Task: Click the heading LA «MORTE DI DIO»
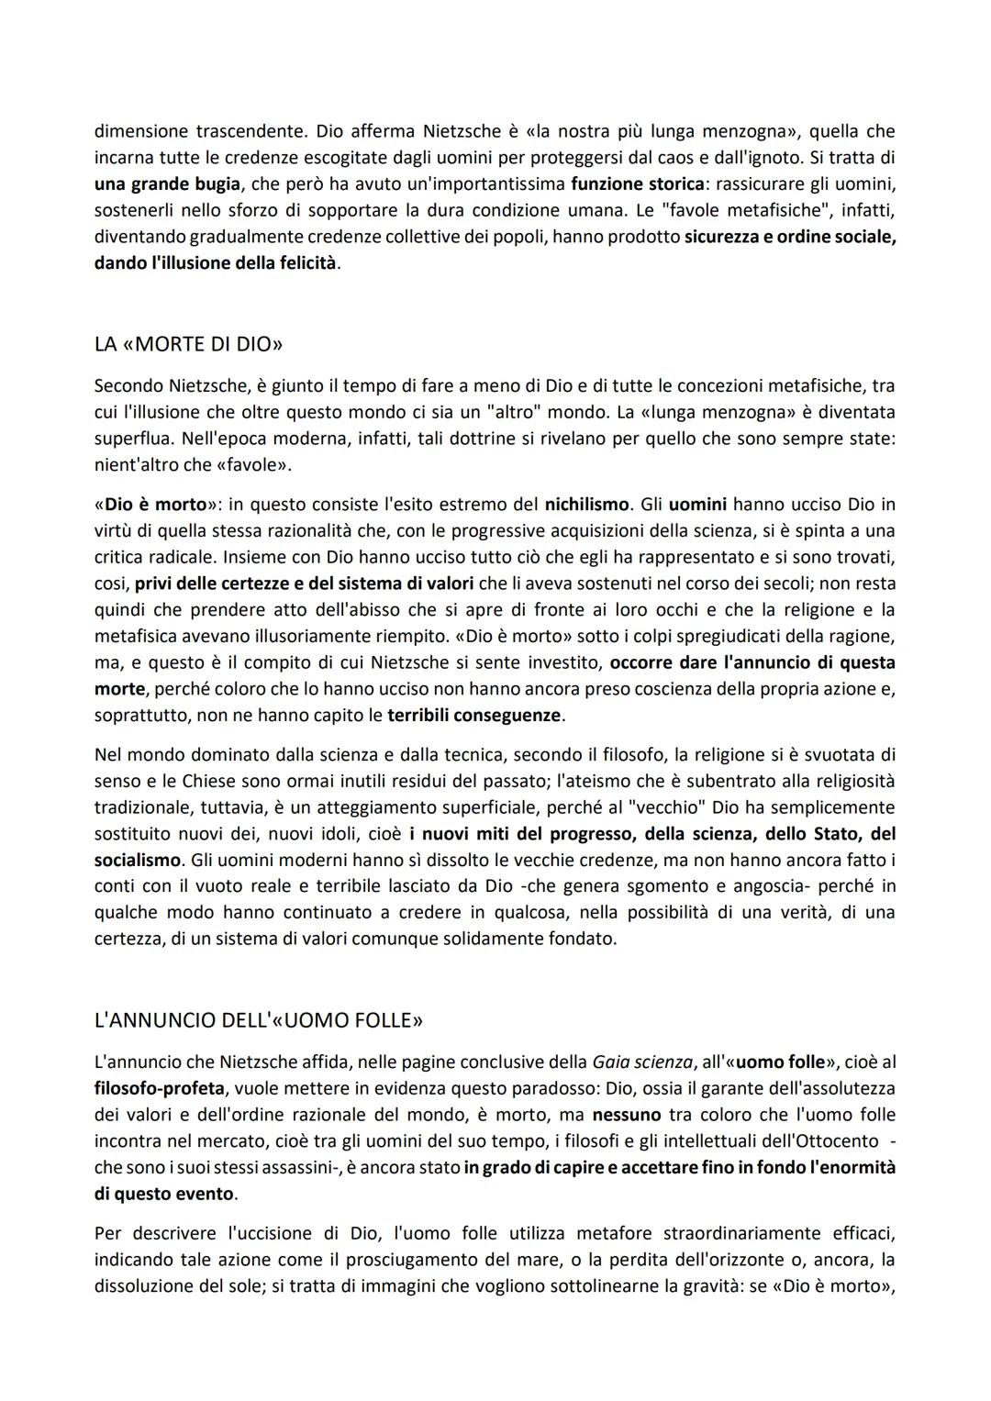(x=189, y=345)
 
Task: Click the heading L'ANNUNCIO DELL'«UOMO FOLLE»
(x=259, y=1020)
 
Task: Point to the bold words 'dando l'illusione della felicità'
(x=217, y=263)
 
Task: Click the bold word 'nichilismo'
(x=587, y=505)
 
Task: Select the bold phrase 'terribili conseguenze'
(x=475, y=715)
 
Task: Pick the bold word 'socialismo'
(x=138, y=861)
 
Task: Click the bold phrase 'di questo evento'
(x=165, y=1195)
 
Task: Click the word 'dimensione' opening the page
(x=140, y=131)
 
